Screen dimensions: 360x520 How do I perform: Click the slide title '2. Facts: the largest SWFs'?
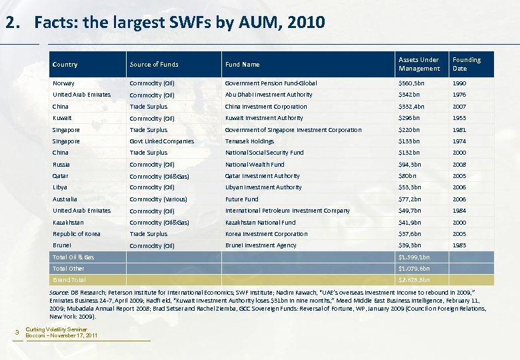pos(165,23)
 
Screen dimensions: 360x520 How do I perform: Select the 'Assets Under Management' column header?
pos(419,64)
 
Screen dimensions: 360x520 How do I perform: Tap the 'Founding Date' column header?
pos(466,64)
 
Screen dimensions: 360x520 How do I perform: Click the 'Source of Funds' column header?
pos(154,65)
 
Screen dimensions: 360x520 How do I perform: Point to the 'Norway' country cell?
pos(63,83)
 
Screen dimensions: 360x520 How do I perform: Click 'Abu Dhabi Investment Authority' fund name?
pos(269,95)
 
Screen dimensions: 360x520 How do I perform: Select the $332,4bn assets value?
pos(411,107)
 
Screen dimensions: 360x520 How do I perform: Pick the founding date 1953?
pos(460,118)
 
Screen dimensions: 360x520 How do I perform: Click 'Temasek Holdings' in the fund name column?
pos(249,141)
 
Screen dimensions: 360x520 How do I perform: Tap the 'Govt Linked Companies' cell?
pos(162,141)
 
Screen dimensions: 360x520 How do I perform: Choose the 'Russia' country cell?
pos(61,165)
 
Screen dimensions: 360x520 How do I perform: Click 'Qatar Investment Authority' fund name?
pos(262,176)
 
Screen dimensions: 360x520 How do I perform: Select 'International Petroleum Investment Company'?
pos(287,211)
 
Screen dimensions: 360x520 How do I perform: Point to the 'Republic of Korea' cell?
pos(76,234)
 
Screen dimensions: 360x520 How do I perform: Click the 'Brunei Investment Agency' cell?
pos(261,245)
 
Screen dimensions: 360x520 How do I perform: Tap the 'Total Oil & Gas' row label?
pos(73,257)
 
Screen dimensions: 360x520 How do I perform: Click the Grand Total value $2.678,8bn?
pos(414,280)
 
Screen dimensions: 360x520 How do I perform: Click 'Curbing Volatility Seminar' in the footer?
pos(57,329)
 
